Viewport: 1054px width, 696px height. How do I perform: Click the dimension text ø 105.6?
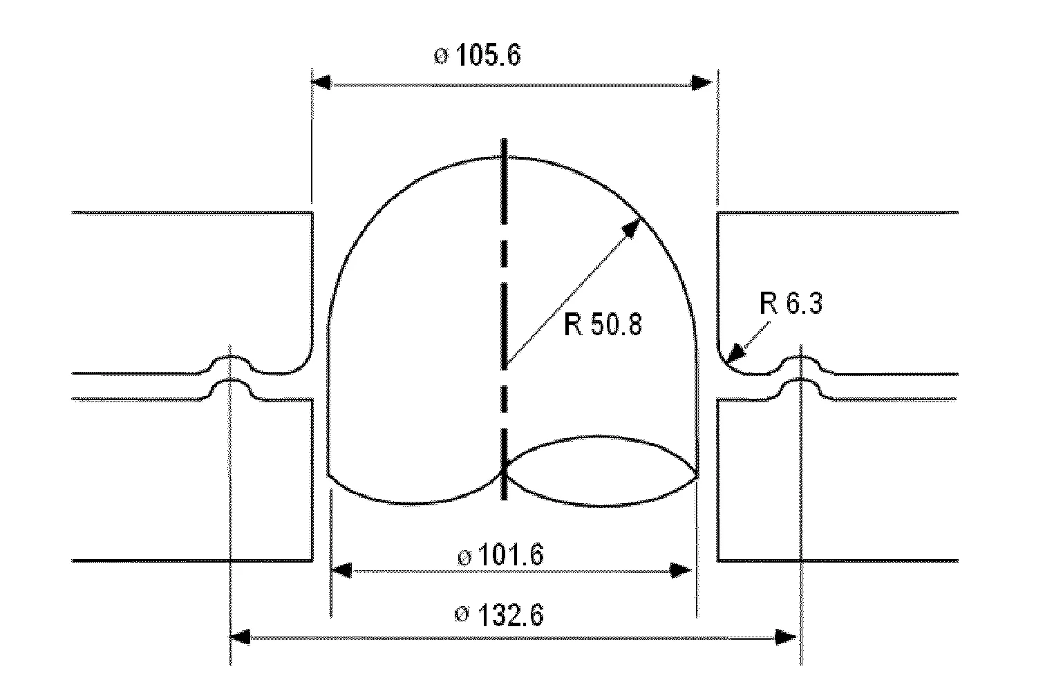(477, 55)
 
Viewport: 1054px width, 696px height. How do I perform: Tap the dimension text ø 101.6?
(500, 554)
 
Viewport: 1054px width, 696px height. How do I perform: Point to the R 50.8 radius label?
(603, 324)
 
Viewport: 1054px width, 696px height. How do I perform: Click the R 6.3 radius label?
(791, 303)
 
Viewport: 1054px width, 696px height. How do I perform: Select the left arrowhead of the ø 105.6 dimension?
(322, 83)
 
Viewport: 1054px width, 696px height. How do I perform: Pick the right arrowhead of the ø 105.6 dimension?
(702, 83)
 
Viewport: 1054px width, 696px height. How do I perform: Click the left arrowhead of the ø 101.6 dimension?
(342, 570)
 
